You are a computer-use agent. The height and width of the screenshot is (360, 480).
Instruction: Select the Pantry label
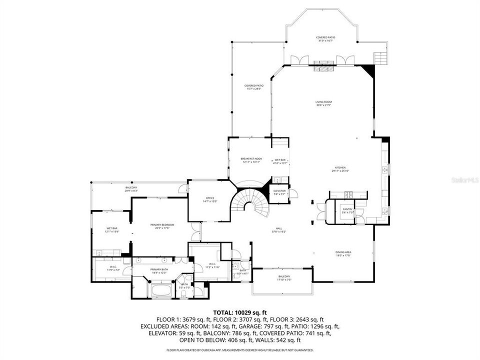click(347, 210)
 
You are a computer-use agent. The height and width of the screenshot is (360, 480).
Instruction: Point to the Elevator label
click(279, 192)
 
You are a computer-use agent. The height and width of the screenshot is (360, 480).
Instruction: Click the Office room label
click(210, 199)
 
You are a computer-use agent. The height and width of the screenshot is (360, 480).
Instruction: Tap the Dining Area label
click(343, 253)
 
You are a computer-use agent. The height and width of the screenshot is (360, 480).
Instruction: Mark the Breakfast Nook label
click(251, 160)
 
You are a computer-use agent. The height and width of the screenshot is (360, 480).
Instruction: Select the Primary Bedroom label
click(161, 226)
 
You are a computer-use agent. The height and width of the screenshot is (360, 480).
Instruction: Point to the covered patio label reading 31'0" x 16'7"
click(325, 39)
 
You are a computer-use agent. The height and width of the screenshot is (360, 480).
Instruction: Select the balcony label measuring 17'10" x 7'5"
click(284, 278)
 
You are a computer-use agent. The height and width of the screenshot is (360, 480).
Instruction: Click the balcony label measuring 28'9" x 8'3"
click(131, 189)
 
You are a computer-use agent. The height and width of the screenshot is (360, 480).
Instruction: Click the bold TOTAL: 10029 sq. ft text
click(239, 311)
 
